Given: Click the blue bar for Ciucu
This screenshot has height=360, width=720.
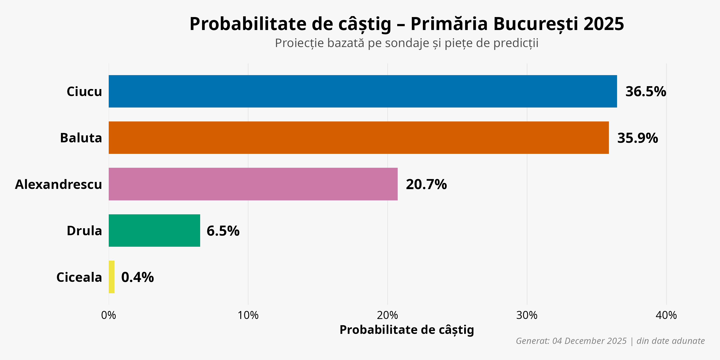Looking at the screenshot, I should (x=362, y=91).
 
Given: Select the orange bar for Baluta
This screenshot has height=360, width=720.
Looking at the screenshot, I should (x=359, y=138).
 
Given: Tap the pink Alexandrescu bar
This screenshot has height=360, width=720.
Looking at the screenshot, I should (x=253, y=184).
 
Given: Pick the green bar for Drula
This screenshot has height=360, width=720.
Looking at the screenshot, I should (x=154, y=231).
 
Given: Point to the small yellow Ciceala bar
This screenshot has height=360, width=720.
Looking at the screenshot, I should (x=112, y=277).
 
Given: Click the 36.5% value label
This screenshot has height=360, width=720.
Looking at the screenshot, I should (x=646, y=91).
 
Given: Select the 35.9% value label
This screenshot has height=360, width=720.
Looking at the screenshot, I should (x=637, y=138).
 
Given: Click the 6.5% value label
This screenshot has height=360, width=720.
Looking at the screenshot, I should (x=223, y=231).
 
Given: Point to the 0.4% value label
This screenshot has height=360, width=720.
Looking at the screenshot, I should (x=137, y=277).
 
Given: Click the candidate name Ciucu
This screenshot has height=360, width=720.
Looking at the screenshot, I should (x=84, y=91).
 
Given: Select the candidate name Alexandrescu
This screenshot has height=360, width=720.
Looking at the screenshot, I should (x=58, y=185).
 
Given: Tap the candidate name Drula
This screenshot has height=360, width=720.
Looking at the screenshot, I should (x=84, y=231).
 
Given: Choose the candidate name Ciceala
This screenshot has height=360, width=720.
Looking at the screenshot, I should (x=79, y=277).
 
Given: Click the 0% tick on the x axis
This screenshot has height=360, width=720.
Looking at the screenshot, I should (x=108, y=315).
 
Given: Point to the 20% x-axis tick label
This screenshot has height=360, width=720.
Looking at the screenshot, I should (x=387, y=315).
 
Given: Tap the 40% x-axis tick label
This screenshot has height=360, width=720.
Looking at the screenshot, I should (x=666, y=315).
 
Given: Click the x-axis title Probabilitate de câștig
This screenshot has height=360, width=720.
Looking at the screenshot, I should (x=407, y=330).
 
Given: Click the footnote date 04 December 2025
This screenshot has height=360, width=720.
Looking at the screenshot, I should (x=589, y=341).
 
